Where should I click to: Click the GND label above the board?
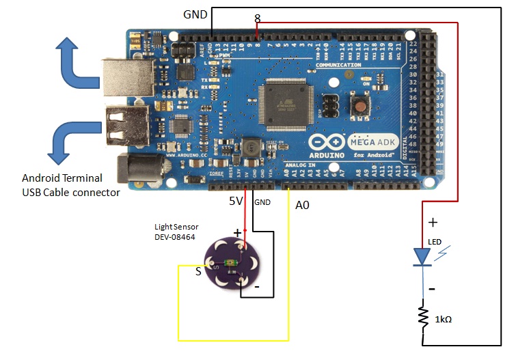196,14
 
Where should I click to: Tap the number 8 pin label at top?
256,17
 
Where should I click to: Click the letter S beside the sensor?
198,271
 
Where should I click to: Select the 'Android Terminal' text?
62,178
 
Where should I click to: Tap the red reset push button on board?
357,105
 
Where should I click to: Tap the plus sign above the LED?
432,222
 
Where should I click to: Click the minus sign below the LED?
432,288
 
